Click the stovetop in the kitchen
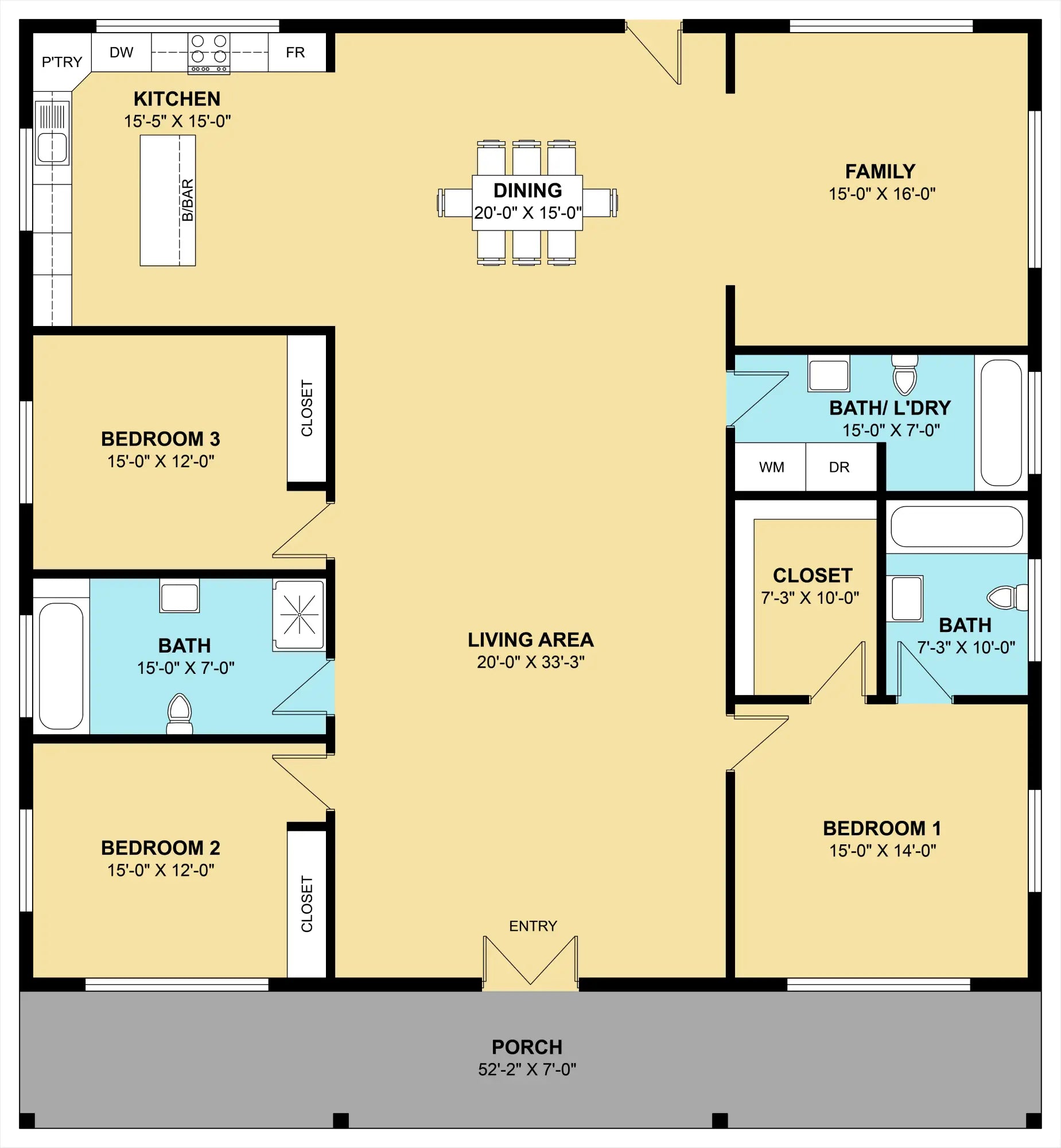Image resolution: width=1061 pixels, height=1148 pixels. click(x=209, y=53)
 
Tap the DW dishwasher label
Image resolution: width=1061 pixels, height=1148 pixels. click(x=121, y=52)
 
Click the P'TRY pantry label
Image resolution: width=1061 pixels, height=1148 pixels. click(x=62, y=61)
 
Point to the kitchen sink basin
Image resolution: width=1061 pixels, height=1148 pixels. click(x=52, y=148)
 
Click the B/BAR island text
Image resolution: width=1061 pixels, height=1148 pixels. click(x=188, y=200)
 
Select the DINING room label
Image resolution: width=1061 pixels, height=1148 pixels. click(x=527, y=190)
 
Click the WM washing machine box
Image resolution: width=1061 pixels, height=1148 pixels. click(x=771, y=467)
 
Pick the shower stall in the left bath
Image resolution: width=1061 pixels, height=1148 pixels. click(x=299, y=615)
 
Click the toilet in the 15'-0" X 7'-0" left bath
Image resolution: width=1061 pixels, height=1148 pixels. click(x=179, y=714)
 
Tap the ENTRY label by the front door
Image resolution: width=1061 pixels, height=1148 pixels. click(x=533, y=926)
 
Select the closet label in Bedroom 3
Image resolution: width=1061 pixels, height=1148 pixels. click(x=307, y=408)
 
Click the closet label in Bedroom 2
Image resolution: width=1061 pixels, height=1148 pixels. click(x=307, y=904)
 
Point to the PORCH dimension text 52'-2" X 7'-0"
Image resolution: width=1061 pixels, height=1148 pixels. click(x=527, y=1069)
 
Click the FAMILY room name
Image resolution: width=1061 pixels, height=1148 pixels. click(x=880, y=171)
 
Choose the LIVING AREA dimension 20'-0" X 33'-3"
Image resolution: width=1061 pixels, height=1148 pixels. click(x=530, y=662)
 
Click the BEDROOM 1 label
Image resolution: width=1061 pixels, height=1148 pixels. click(x=882, y=828)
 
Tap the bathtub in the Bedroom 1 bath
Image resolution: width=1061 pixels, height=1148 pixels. click(x=957, y=526)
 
